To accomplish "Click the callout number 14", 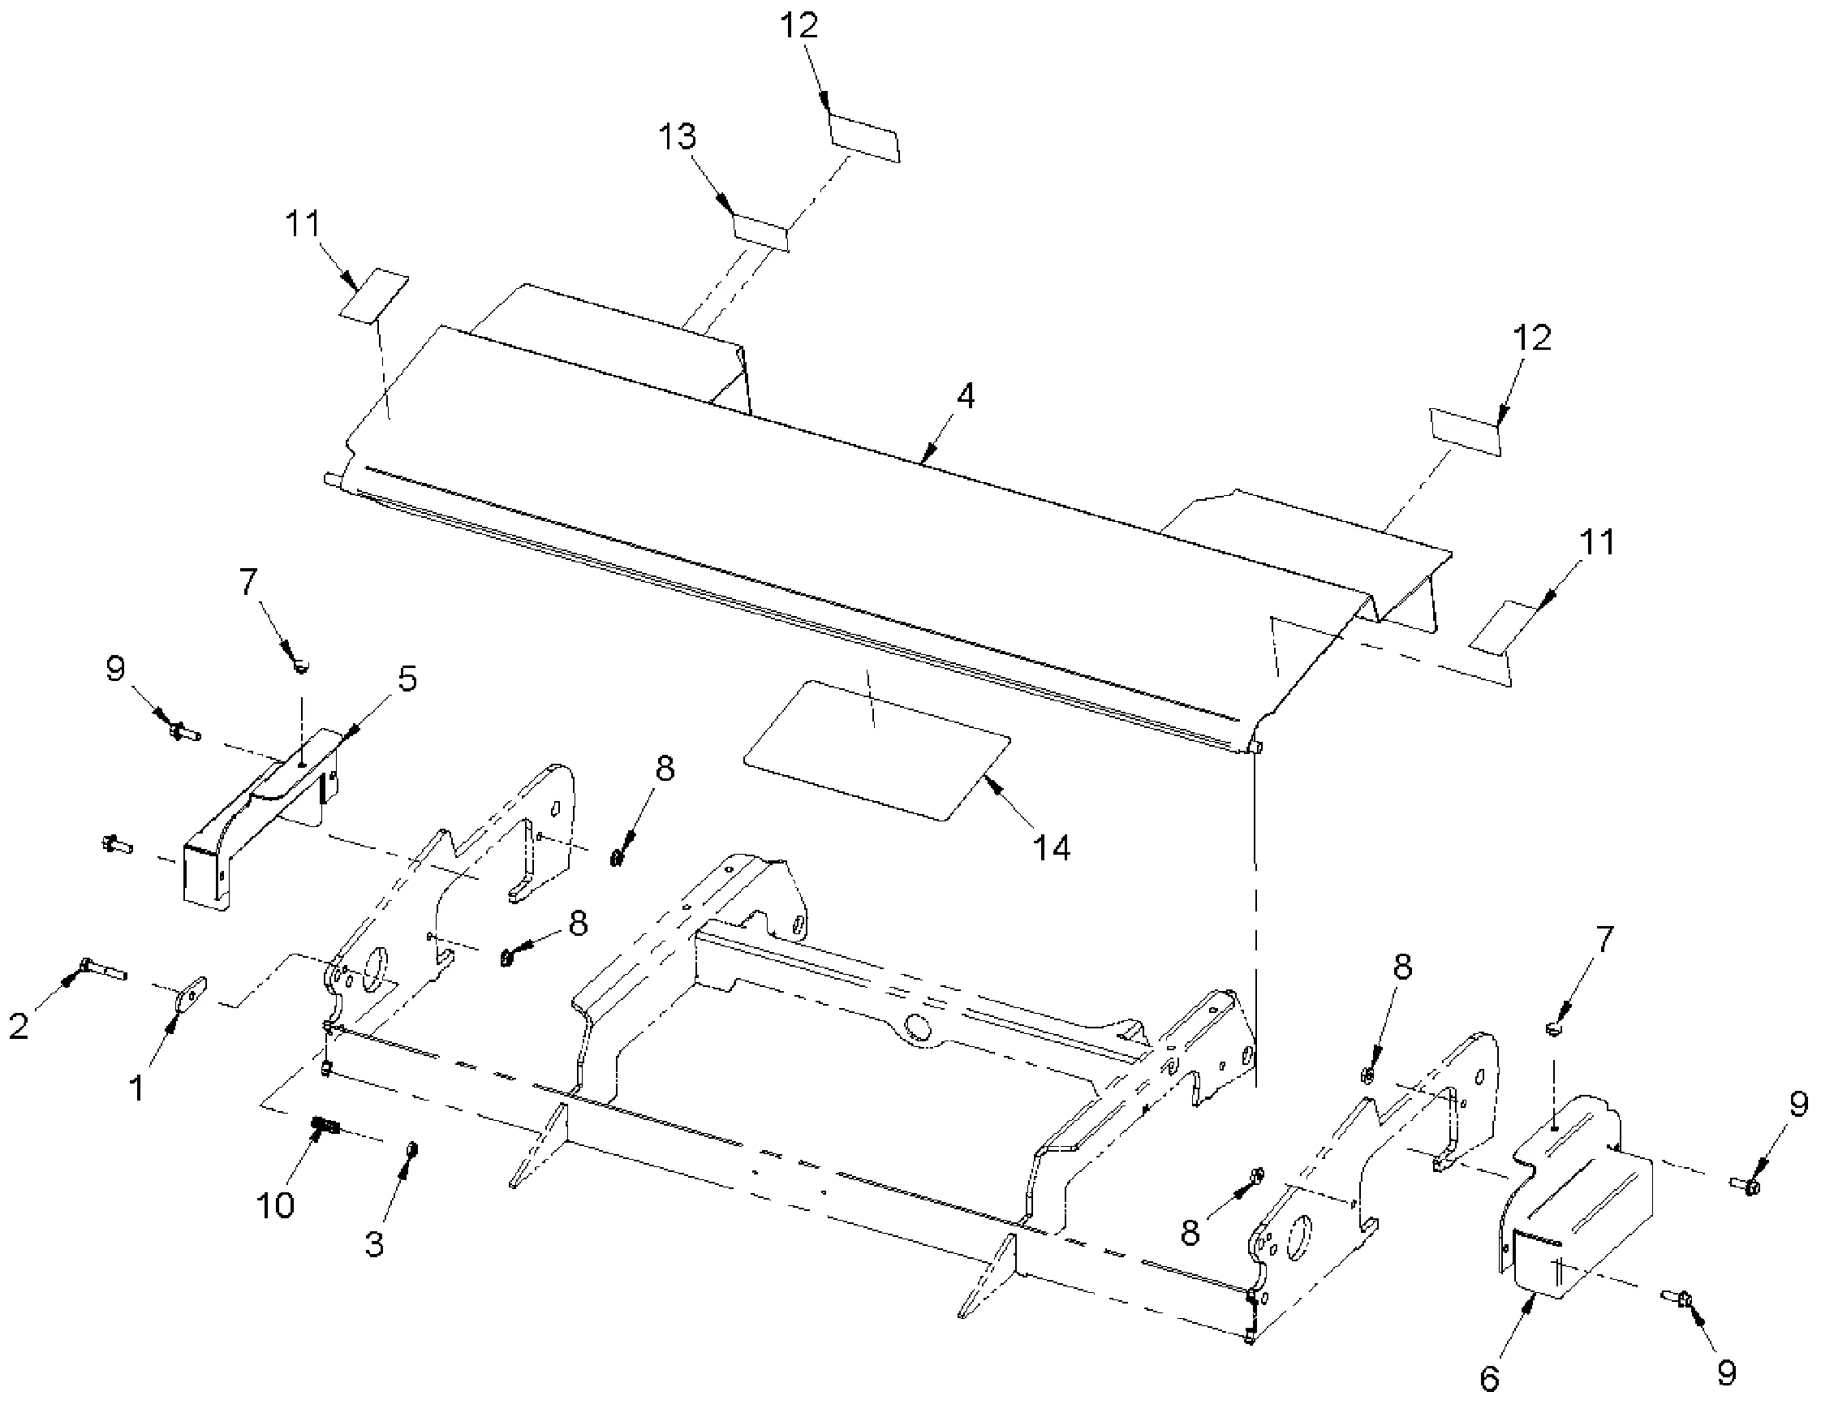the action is (1052, 849).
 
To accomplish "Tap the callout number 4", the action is (965, 396).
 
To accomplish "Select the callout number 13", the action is (676, 136).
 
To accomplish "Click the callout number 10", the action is (276, 1204).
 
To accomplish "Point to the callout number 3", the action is (374, 1243).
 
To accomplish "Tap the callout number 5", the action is (407, 679).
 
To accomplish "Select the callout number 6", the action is (1489, 1379).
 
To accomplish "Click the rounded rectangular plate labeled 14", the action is (876, 749).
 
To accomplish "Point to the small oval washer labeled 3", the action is (412, 1151).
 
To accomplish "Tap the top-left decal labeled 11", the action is (373, 295).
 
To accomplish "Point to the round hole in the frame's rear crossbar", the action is (919, 1028).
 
